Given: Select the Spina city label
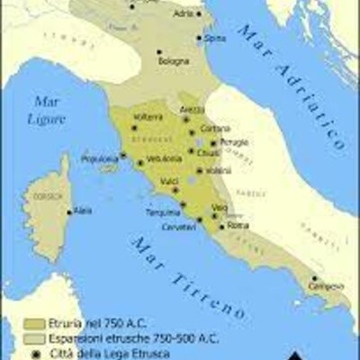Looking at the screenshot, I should point(215,39).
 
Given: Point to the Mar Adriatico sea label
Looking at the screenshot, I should point(291,85).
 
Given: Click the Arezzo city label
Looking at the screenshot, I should point(192,109).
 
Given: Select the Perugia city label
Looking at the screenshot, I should point(235,142).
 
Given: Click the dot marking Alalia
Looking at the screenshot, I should point(69,213).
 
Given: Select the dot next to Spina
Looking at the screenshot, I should point(200,39).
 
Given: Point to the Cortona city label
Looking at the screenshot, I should point(215,128).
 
